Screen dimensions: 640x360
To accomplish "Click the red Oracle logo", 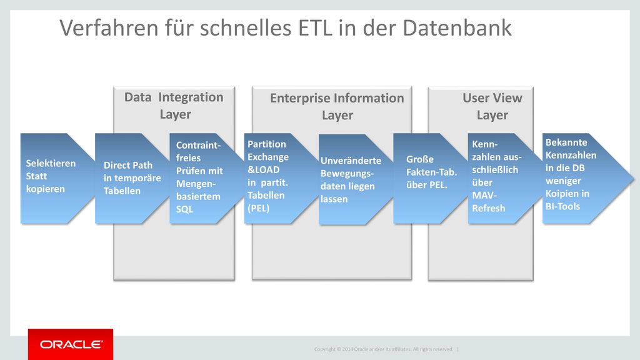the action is pyautogui.click(x=71, y=344).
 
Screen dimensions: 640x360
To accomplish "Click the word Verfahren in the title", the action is pyautogui.click(x=109, y=27).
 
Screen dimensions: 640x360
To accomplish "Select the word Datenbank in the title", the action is pyautogui.click(x=457, y=27).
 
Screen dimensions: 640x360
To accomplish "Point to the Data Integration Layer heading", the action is pyautogui.click(x=174, y=106).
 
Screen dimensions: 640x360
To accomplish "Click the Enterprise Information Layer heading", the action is pyautogui.click(x=337, y=106).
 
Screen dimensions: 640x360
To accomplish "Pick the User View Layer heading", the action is pyautogui.click(x=492, y=106).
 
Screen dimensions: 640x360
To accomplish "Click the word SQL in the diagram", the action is pyautogui.click(x=184, y=209).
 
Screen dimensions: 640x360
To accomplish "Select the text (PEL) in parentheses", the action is pyautogui.click(x=258, y=208).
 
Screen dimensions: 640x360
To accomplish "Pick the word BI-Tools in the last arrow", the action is pyautogui.click(x=563, y=206).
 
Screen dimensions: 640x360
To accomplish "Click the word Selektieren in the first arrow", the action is pyautogui.click(x=51, y=163).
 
